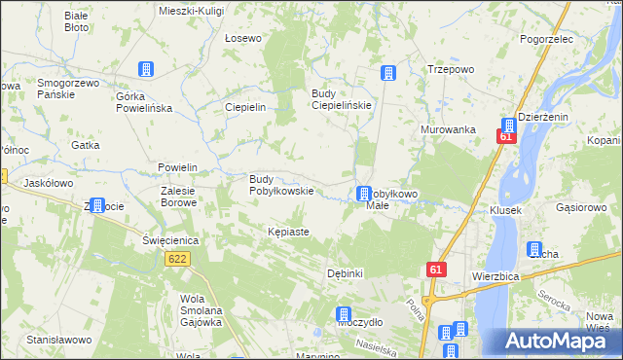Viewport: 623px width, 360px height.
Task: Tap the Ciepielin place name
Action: (x=245, y=107)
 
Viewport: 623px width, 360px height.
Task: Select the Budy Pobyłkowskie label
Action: (x=281, y=185)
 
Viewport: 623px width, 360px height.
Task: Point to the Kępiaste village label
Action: (x=288, y=233)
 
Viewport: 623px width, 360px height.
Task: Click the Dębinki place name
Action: (x=346, y=273)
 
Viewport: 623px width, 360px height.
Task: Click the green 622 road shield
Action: (x=177, y=259)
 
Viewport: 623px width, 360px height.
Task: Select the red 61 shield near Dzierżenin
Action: (x=505, y=137)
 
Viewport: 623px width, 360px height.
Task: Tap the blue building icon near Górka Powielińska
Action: (x=146, y=69)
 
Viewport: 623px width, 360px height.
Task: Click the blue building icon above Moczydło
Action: (x=344, y=314)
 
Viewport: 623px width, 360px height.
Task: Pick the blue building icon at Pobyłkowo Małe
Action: (x=363, y=194)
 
